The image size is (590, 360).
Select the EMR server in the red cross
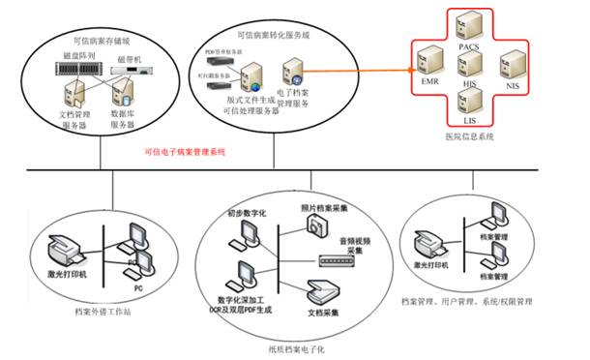tap(428, 67)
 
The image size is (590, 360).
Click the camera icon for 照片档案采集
tap(314, 225)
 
